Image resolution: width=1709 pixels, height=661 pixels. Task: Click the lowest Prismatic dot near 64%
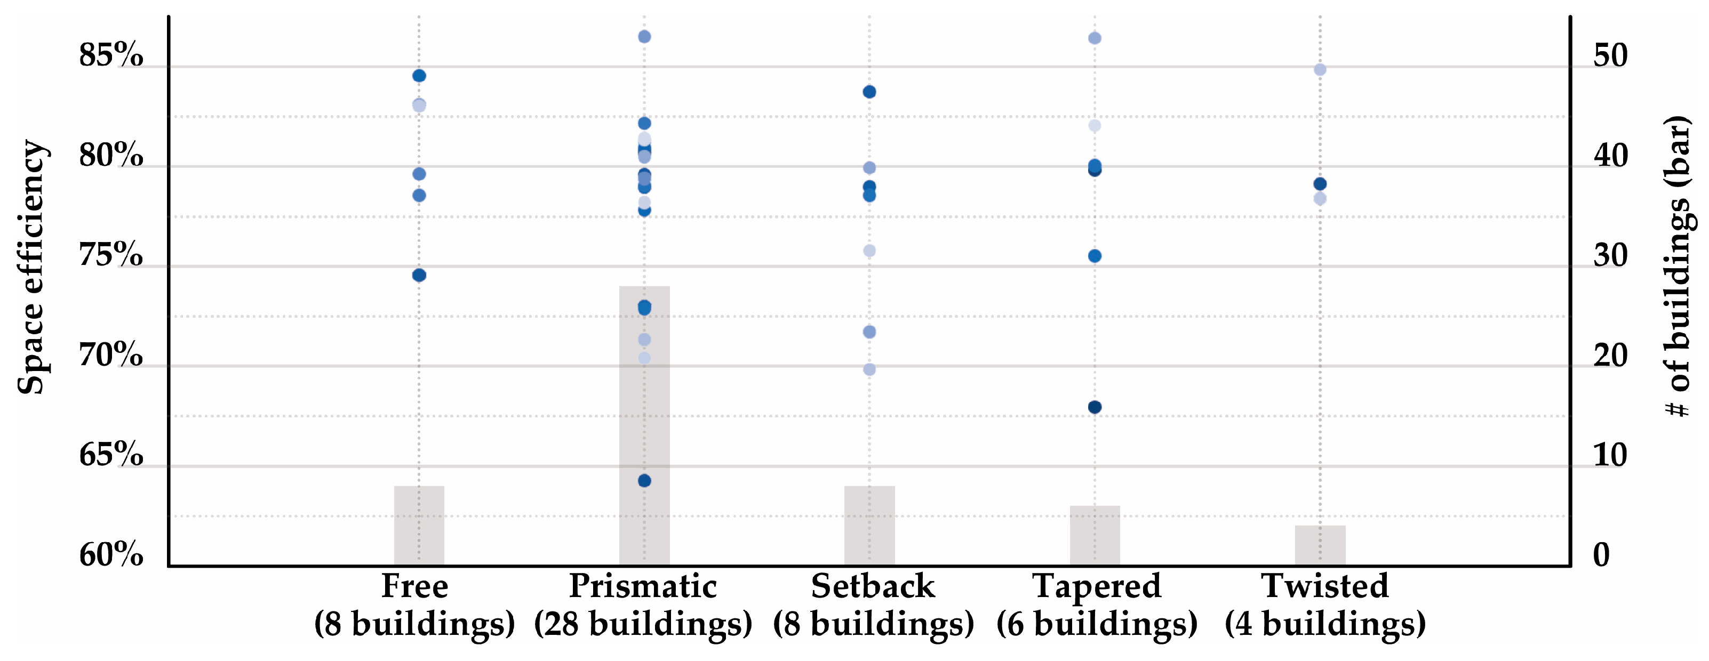pyautogui.click(x=644, y=481)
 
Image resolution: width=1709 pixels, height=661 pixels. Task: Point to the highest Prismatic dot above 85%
pyautogui.click(x=644, y=36)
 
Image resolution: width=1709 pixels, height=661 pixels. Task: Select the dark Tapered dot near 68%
pyautogui.click(x=1095, y=407)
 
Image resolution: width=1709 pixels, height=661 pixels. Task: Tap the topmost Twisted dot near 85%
pyautogui.click(x=1320, y=70)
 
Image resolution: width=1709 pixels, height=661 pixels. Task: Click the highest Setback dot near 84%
pyautogui.click(x=869, y=92)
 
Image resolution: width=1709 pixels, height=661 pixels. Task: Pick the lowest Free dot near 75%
pyautogui.click(x=419, y=275)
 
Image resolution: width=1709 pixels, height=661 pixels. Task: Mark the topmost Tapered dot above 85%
pyautogui.click(x=1095, y=38)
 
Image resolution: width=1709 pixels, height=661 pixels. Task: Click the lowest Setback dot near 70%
pyautogui.click(x=869, y=369)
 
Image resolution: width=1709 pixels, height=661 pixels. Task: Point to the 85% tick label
pyautogui.click(x=111, y=55)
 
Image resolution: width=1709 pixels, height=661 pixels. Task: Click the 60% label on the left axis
pyautogui.click(x=111, y=554)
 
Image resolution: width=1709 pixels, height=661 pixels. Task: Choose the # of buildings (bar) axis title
pyautogui.click(x=1679, y=265)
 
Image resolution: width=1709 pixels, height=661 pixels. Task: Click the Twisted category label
pyautogui.click(x=1324, y=586)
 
